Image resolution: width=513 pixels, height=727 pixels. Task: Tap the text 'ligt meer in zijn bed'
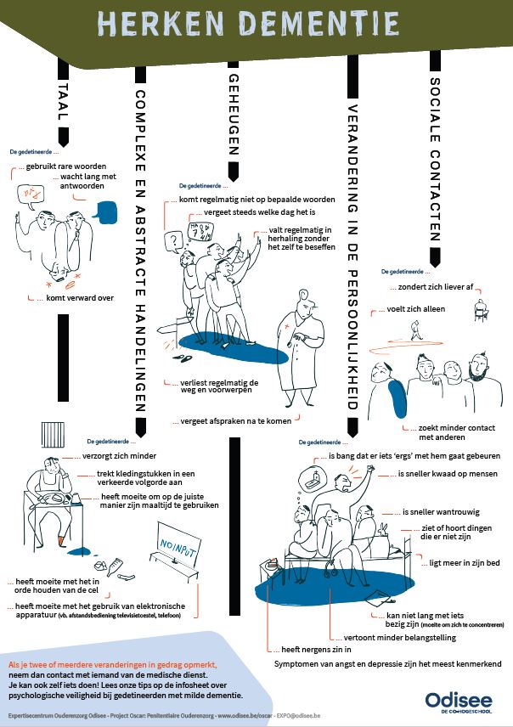click(437, 563)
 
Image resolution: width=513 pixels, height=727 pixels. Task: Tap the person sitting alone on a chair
click(481, 311)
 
